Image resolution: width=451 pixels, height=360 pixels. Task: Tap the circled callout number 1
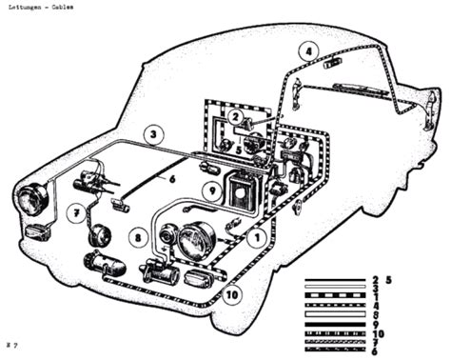pos(254,241)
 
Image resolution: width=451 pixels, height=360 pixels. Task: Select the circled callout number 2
pos(234,117)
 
